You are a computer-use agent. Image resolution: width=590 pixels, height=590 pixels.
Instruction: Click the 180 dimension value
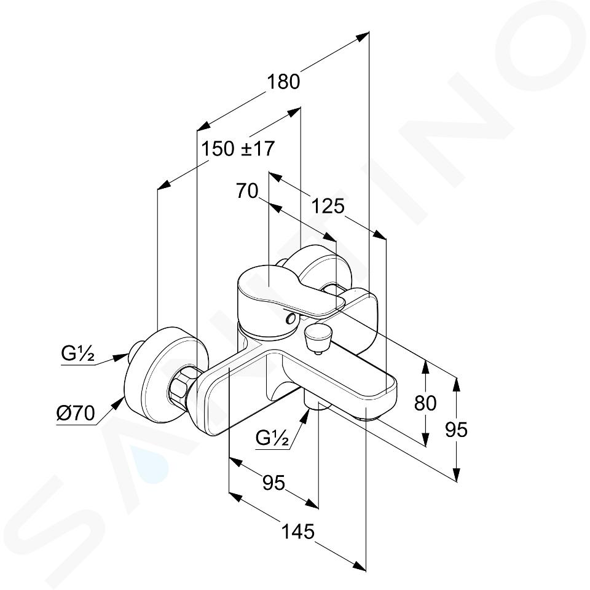[283, 82]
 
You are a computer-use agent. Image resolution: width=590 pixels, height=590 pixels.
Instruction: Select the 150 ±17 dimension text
[238, 149]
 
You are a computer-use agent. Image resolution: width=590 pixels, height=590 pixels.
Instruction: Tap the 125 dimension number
[328, 206]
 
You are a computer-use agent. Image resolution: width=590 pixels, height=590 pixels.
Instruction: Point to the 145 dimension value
[297, 532]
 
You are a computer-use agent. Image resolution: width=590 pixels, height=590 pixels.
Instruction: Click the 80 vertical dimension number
[425, 403]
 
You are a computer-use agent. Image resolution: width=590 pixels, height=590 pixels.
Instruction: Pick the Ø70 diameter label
[75, 414]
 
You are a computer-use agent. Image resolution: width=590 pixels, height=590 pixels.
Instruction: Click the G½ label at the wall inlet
[77, 354]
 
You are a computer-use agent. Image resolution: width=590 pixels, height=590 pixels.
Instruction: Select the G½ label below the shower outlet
[272, 438]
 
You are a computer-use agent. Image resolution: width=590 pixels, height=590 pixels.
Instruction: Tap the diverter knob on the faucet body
[317, 337]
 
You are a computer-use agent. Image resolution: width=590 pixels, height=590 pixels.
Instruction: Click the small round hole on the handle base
[291, 320]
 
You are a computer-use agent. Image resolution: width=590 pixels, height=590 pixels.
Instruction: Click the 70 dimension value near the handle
[247, 191]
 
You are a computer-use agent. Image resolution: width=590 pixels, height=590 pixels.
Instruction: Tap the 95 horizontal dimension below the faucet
[273, 482]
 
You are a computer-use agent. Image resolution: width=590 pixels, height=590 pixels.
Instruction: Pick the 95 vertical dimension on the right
[456, 430]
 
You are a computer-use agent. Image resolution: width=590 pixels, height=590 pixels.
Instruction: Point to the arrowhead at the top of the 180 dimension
[362, 36]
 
